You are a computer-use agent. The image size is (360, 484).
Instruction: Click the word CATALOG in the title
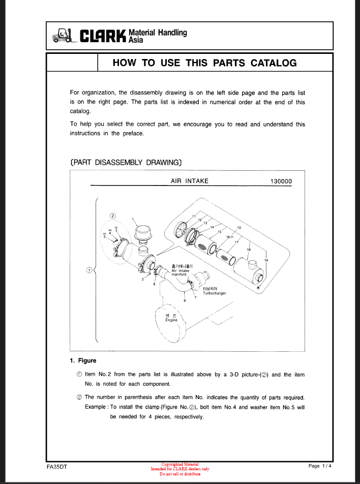coord(272,63)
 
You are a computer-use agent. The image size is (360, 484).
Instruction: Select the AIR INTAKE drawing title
coord(190,181)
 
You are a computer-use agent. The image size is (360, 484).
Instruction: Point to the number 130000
coord(279,181)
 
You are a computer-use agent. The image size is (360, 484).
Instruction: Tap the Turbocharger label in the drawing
coord(214,293)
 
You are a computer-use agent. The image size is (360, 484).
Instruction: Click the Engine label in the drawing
coord(171,320)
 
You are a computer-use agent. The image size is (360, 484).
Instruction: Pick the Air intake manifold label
coord(183,271)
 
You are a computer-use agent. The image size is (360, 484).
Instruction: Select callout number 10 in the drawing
coord(239,227)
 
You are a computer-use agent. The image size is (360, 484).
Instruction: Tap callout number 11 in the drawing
coord(194,216)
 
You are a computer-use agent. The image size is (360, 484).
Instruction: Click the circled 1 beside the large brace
coord(89,270)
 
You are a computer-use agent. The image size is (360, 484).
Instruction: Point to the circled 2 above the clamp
coord(113,216)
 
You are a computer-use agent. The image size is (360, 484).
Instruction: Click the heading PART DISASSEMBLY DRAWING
coord(126,163)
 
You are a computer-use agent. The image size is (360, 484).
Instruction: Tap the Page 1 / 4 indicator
coord(320,466)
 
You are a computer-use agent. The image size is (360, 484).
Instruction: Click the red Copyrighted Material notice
coord(180,464)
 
